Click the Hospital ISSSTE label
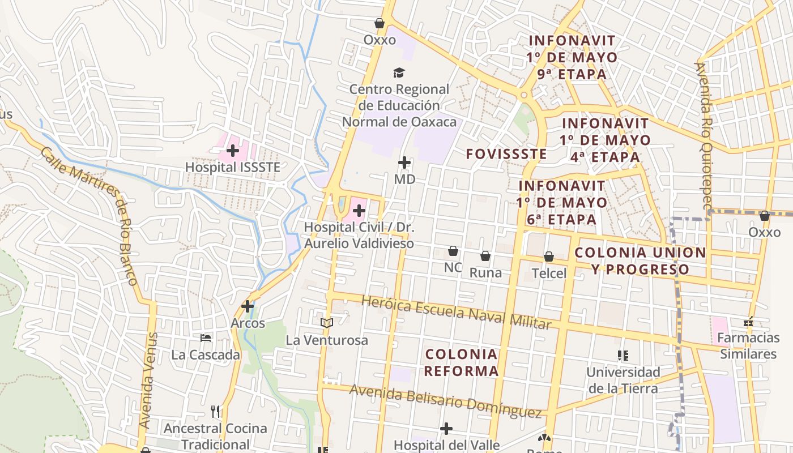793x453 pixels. (233, 168)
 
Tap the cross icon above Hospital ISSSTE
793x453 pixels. (232, 151)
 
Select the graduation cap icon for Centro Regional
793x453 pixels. (399, 72)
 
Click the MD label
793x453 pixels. (404, 180)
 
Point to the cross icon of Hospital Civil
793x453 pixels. (359, 211)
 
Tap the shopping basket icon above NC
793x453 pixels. (453, 251)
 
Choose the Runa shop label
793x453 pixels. (485, 273)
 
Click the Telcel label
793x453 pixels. (549, 273)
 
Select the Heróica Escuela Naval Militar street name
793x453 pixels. (456, 312)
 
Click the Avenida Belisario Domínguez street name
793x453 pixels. (445, 400)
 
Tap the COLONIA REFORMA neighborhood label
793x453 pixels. (461, 363)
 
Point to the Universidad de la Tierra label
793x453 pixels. (623, 380)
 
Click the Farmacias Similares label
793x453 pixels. (748, 346)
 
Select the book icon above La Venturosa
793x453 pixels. (326, 323)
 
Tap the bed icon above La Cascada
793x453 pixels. (206, 338)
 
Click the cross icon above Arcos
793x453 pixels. (248, 306)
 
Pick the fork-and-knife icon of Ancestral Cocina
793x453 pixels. (215, 411)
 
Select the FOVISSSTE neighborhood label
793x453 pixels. (506, 154)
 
